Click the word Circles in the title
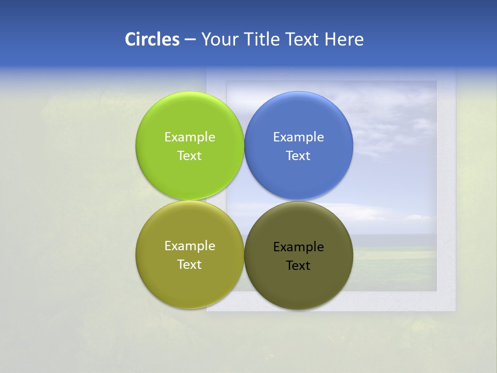click(152, 39)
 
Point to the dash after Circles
click(190, 40)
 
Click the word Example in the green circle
click(189, 137)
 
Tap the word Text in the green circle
click(189, 155)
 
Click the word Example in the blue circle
click(299, 137)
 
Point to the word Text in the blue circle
click(299, 155)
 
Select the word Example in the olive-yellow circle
click(189, 246)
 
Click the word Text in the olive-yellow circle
click(189, 264)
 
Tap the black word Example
click(299, 247)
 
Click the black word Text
click(299, 266)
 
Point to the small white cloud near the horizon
click(418, 217)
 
